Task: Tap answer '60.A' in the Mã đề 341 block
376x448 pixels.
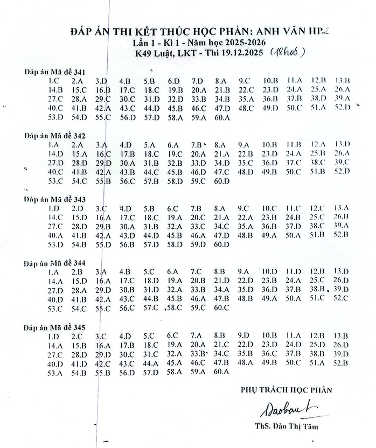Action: (x=221, y=117)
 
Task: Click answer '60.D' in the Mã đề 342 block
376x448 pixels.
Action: (x=221, y=181)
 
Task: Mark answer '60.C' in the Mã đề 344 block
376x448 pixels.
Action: (x=221, y=308)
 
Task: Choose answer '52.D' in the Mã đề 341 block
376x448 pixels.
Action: (x=342, y=108)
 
